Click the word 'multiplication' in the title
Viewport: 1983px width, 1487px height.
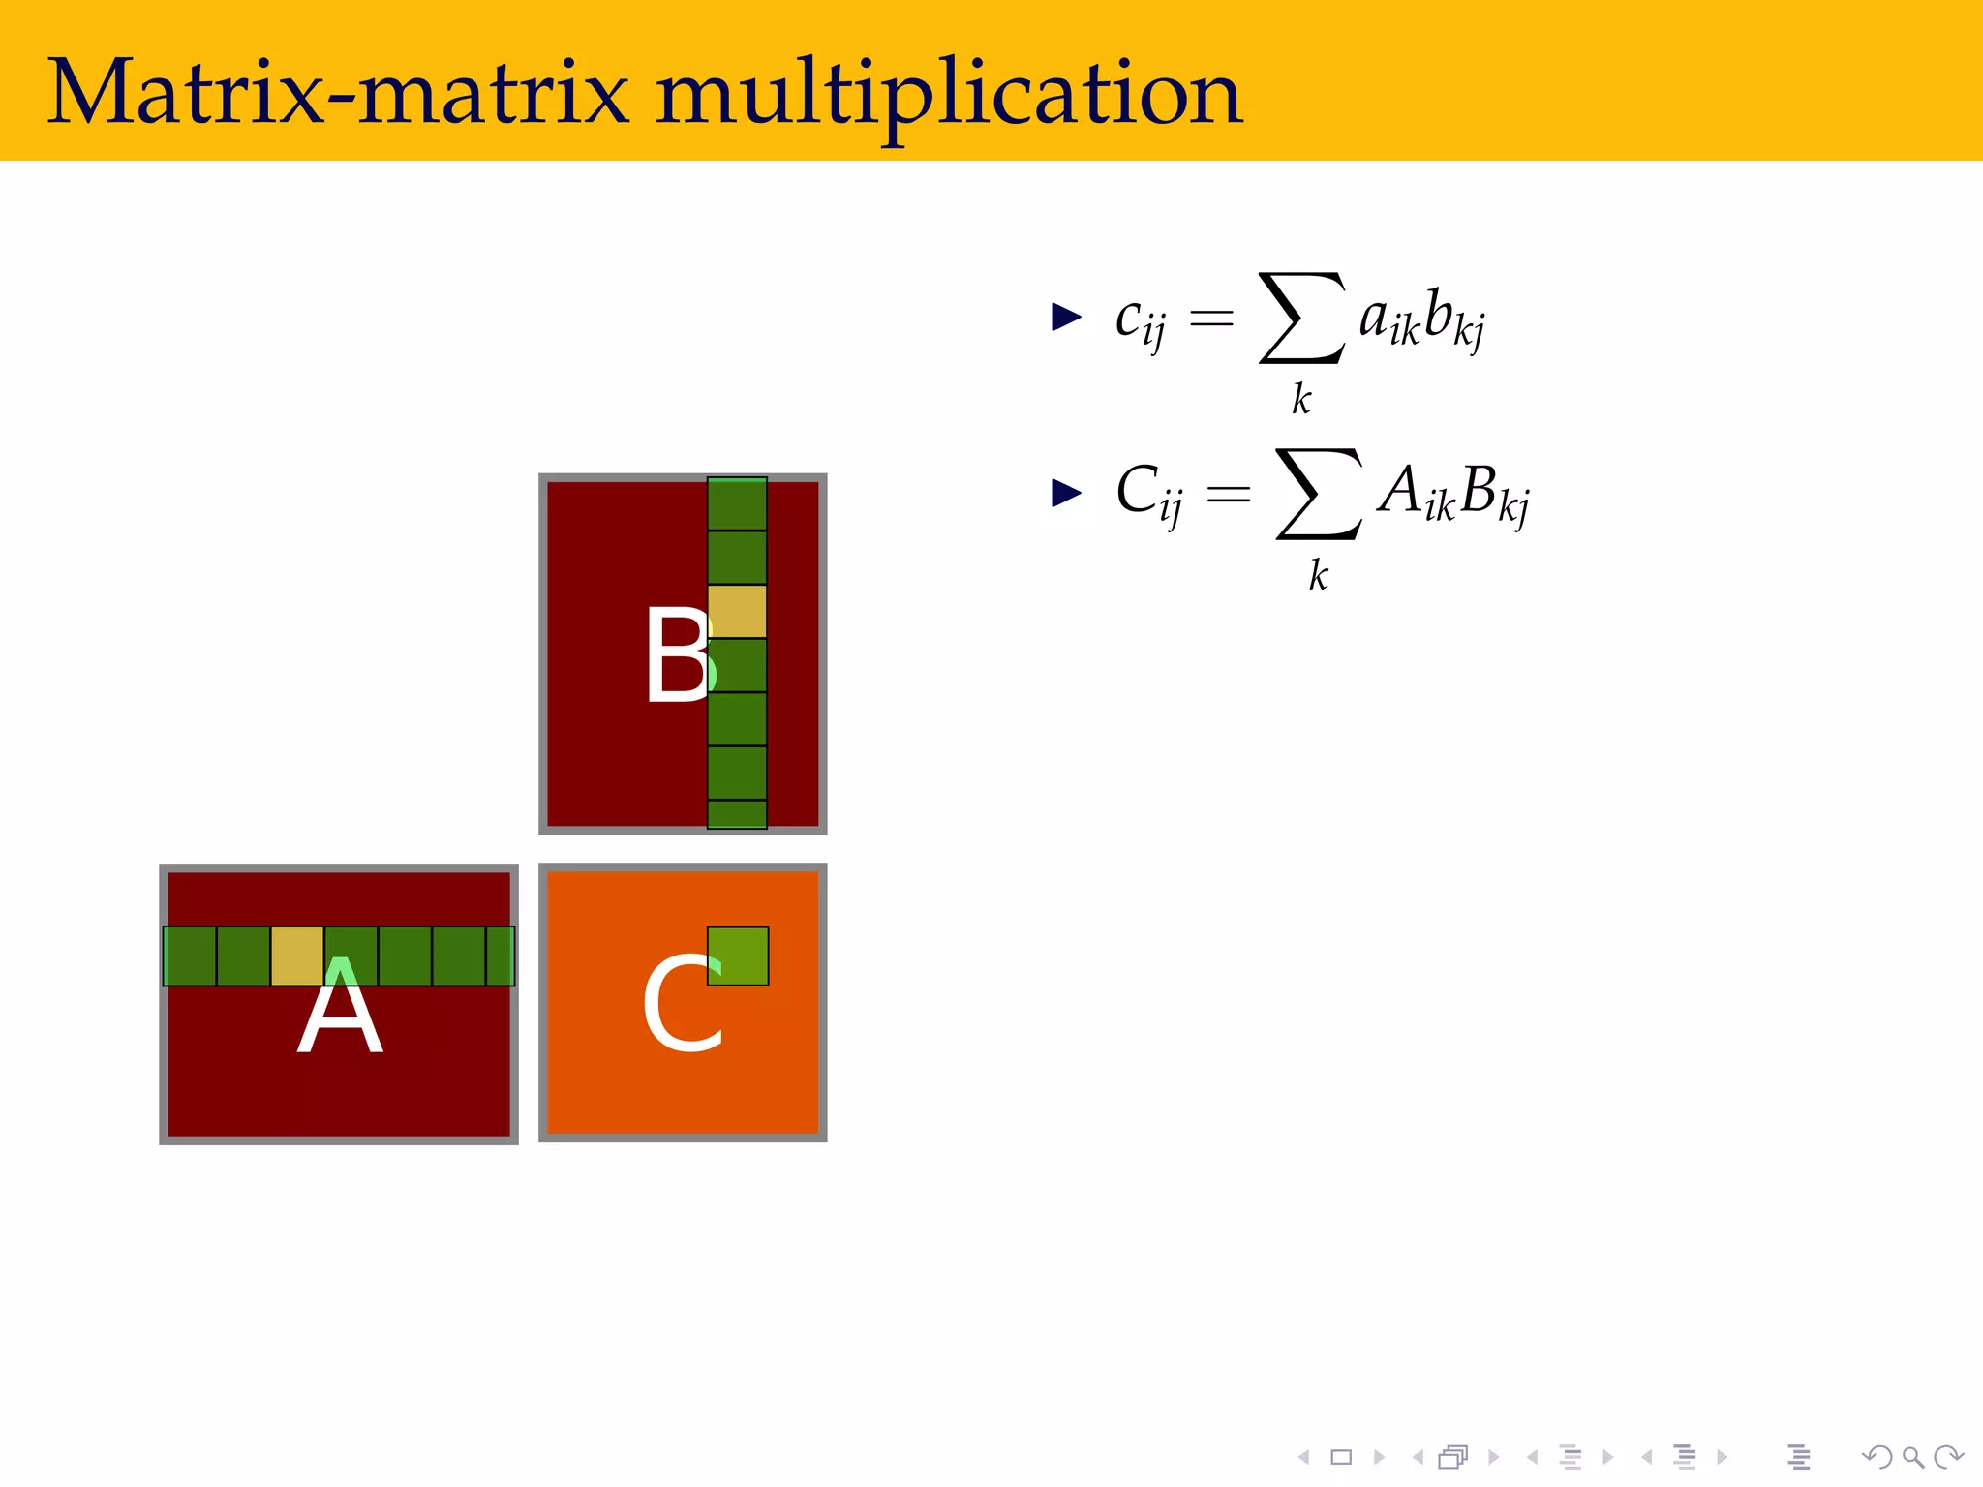(949, 95)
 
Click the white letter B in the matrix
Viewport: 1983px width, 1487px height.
(678, 654)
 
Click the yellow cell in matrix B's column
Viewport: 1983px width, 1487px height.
(737, 611)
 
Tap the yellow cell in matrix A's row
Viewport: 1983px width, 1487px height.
(297, 956)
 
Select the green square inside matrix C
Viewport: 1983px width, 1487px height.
(738, 956)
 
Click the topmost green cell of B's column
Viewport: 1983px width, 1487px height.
(737, 504)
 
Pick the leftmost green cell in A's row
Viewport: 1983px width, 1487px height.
(190, 956)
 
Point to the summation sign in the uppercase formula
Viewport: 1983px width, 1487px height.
(1319, 494)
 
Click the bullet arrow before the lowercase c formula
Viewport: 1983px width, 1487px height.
(1065, 317)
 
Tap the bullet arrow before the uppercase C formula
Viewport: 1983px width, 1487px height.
(1065, 493)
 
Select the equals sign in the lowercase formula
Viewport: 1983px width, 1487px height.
(1211, 318)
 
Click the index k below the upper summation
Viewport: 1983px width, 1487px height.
(1301, 399)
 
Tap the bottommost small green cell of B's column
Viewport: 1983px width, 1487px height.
(737, 814)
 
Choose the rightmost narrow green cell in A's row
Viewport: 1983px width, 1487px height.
(500, 956)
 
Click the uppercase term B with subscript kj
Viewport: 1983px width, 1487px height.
(1494, 494)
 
